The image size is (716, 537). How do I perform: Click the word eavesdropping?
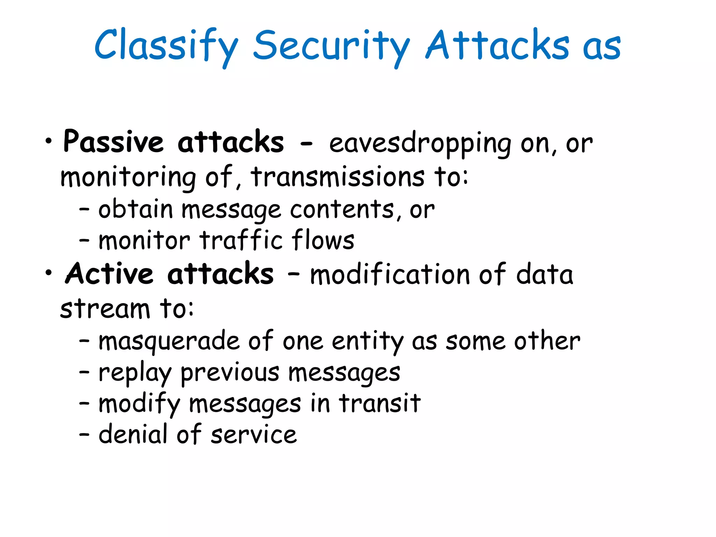click(x=420, y=143)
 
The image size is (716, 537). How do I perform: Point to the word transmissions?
click(x=338, y=177)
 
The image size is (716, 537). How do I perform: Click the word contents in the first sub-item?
click(x=342, y=210)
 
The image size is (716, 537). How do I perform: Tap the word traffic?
click(x=241, y=241)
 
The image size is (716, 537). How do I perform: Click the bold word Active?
click(x=109, y=274)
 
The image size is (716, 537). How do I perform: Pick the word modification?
click(x=390, y=274)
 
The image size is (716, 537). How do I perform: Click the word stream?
click(x=105, y=309)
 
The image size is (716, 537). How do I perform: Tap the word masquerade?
click(x=169, y=341)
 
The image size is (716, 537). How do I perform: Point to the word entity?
click(x=367, y=341)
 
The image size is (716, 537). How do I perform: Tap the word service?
click(x=254, y=435)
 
